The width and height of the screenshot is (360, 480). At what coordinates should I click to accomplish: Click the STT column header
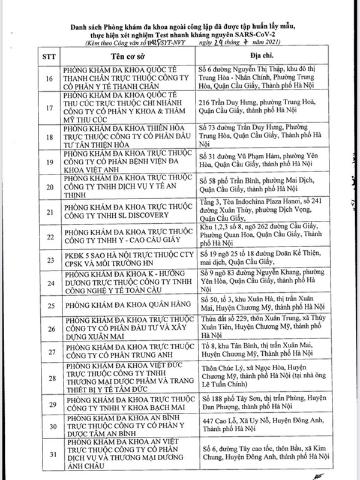tap(48, 56)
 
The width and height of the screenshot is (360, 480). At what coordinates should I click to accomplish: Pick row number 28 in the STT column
tap(48, 379)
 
